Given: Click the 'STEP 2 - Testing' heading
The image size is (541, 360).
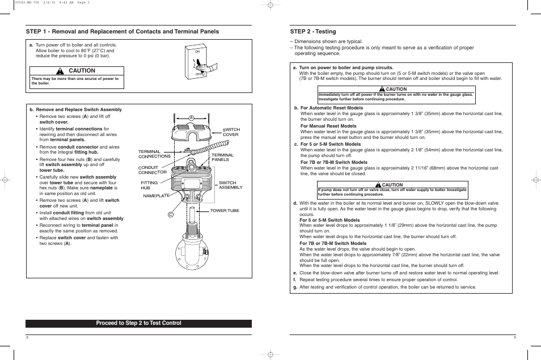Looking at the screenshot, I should click(312, 32).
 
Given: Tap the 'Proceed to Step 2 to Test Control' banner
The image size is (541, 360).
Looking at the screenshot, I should click(138, 323).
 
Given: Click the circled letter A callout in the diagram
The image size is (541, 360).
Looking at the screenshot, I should click(192, 118).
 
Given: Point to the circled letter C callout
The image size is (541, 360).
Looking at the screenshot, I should click(170, 214).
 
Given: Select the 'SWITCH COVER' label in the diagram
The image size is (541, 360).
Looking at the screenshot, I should click(231, 132).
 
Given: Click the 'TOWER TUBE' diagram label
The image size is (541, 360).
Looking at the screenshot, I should click(225, 210).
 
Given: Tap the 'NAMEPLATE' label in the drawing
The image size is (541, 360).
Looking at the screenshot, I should click(156, 196).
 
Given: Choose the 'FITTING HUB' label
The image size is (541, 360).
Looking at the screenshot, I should click(149, 185).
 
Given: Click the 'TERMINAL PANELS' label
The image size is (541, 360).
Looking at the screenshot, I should click(223, 157).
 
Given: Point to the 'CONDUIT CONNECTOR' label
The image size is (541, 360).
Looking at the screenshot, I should click(153, 170).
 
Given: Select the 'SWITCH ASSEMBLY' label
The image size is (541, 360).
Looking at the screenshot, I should click(230, 185).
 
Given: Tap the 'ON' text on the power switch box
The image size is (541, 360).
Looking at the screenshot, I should click(197, 52).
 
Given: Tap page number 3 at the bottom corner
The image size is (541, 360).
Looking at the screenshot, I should click(514, 337).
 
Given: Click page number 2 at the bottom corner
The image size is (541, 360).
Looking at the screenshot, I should click(27, 337).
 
